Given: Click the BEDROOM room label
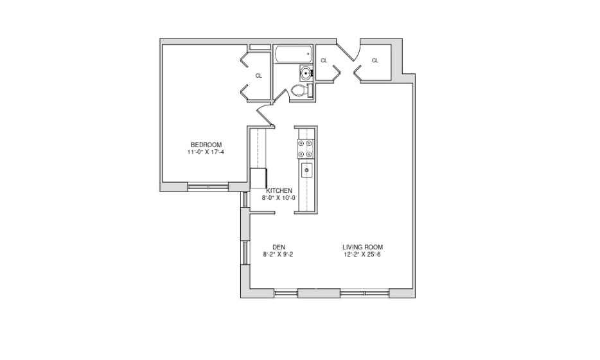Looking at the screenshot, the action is (206, 145).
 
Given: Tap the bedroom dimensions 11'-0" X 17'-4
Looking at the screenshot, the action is (206, 152).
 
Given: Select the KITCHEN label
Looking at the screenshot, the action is (279, 191).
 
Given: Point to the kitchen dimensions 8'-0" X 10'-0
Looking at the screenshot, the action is (279, 198).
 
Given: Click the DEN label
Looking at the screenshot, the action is (279, 247).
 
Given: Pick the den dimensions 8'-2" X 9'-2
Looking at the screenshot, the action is (278, 255).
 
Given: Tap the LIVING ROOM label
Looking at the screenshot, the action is (363, 247).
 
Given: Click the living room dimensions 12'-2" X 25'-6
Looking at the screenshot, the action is (362, 255).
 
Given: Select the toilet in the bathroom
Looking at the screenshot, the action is (301, 91).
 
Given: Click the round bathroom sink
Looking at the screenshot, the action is (306, 73).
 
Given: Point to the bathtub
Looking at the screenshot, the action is (294, 55).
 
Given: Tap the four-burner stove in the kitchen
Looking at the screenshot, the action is (306, 148).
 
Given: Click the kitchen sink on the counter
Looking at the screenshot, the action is (306, 170).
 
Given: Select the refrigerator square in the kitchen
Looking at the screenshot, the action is (258, 178).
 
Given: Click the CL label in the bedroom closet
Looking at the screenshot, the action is (259, 76).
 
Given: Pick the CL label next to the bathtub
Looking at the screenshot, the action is (324, 60).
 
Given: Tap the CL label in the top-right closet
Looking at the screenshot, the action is (375, 60).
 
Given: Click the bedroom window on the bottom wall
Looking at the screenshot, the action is (208, 186).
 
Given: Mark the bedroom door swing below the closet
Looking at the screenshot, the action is (265, 115).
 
